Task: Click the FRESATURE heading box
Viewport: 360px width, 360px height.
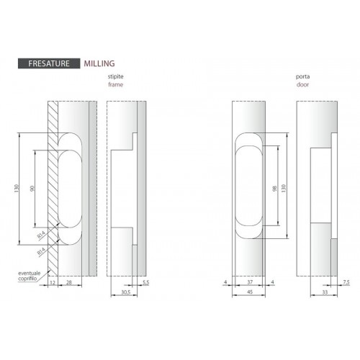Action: [49, 63]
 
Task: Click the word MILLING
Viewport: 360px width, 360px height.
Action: [99, 63]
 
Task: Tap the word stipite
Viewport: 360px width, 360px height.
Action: [115, 76]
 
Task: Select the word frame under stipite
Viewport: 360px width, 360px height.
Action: [116, 84]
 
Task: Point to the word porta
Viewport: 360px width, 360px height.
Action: [302, 77]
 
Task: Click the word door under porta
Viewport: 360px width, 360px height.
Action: [302, 84]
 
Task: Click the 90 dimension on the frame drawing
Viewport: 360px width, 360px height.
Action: [32, 189]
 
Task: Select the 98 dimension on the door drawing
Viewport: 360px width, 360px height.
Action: [275, 189]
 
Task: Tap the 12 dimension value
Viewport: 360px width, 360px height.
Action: [53, 282]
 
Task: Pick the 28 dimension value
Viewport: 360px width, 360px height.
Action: [69, 282]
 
